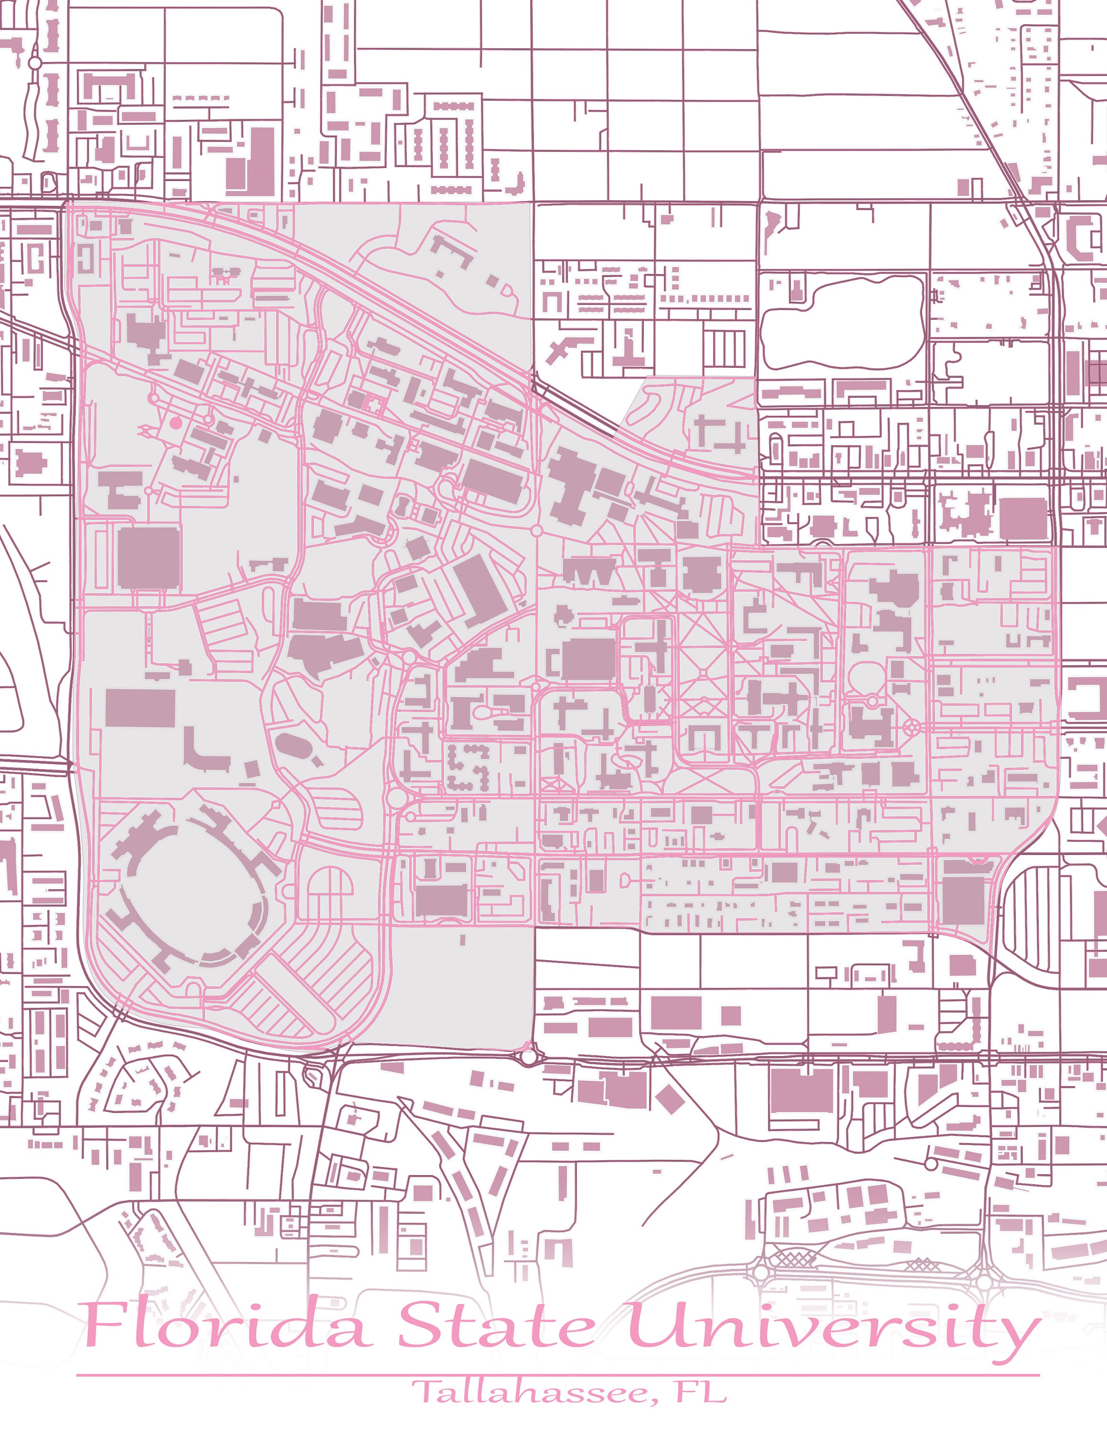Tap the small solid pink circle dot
pos(174,423)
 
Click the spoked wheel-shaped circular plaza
pos(912,727)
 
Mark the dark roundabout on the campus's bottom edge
pos(528,1057)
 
